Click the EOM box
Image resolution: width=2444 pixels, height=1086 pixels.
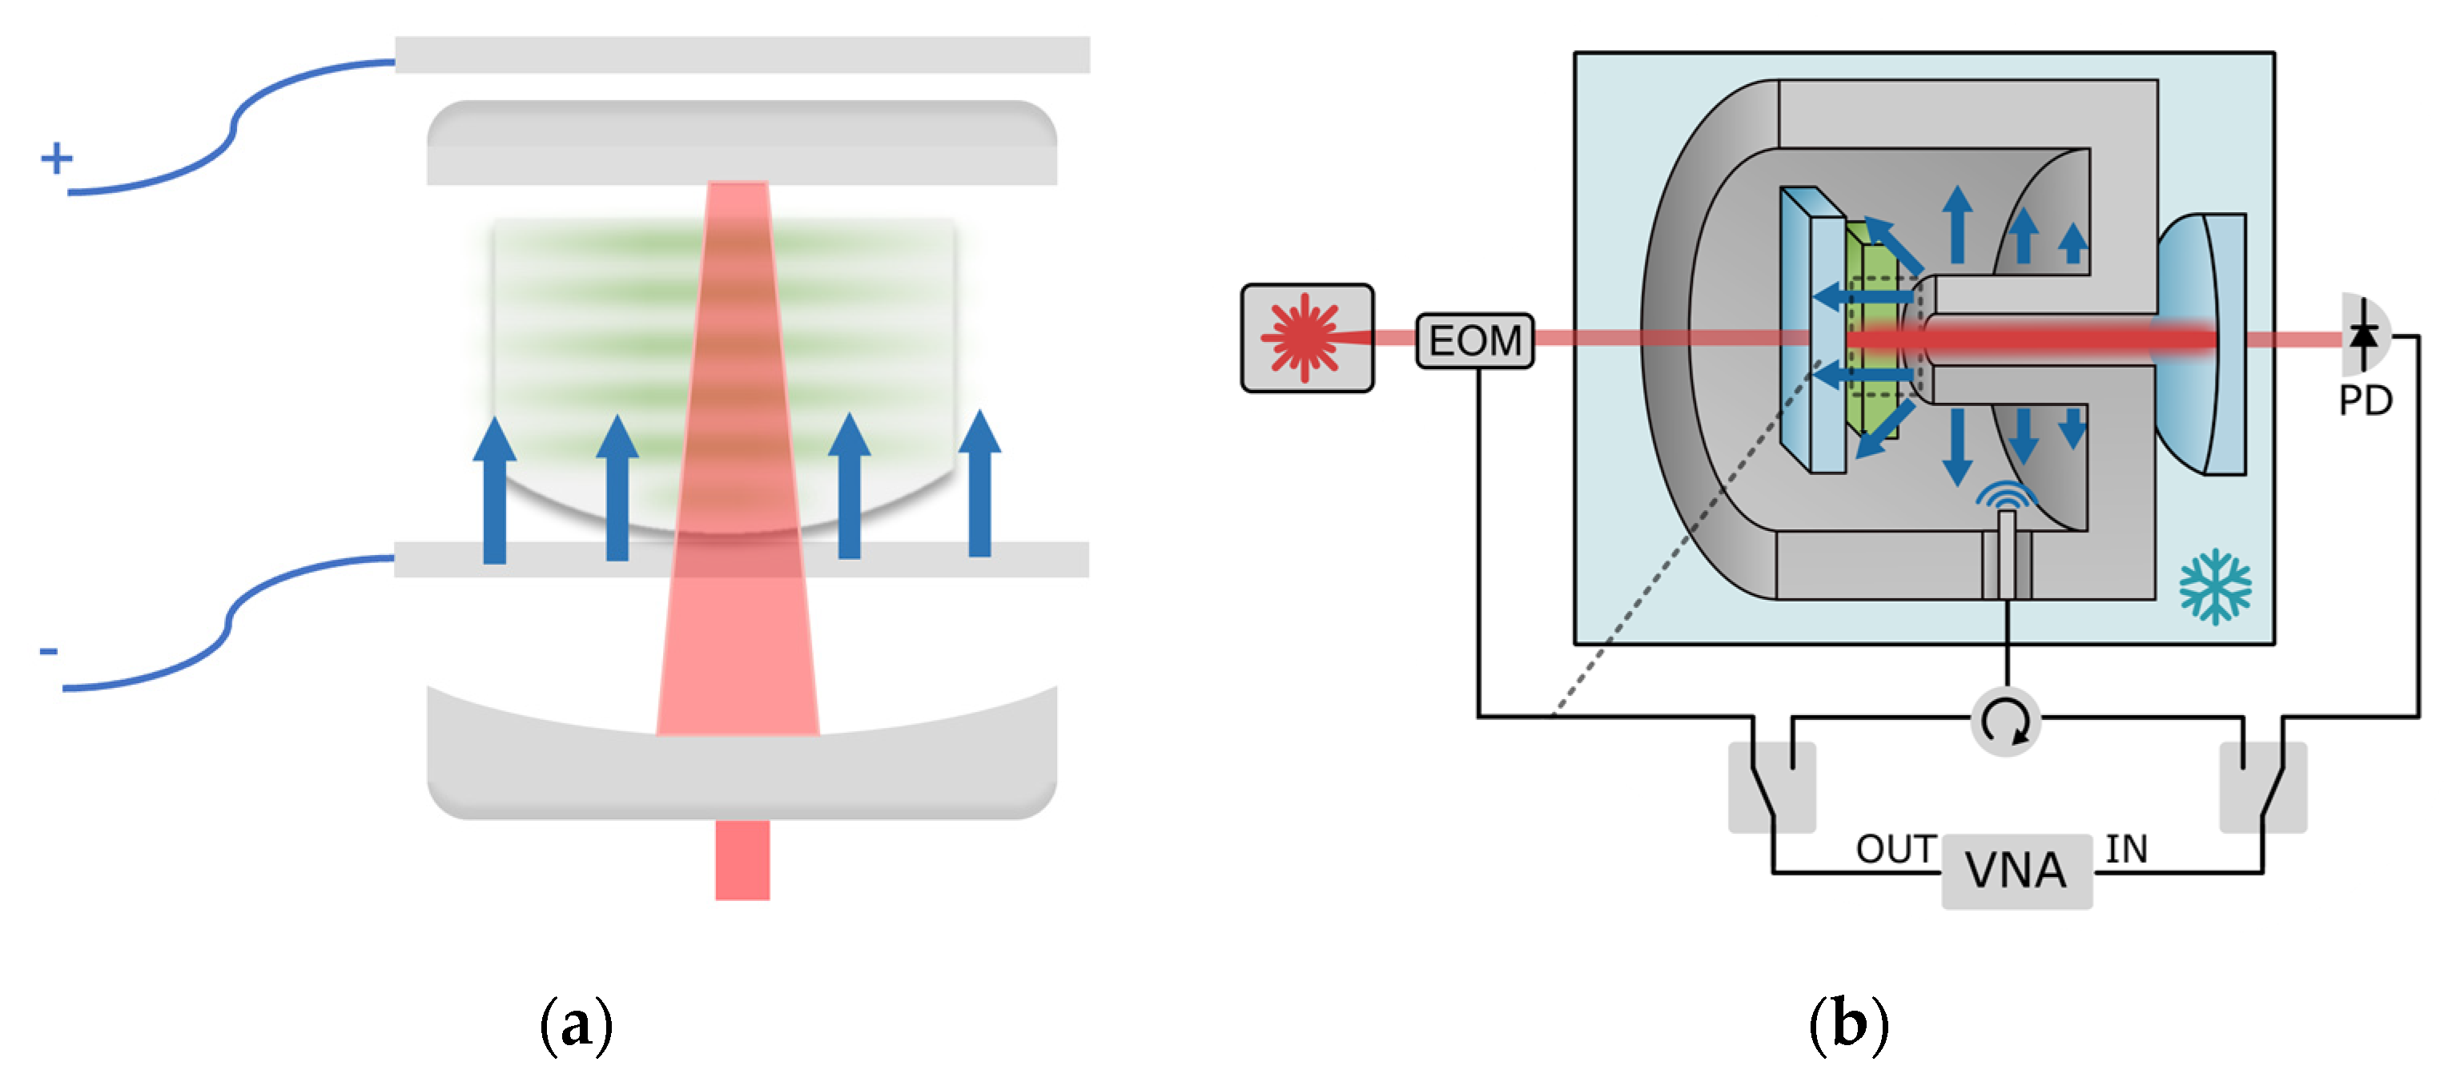(1474, 340)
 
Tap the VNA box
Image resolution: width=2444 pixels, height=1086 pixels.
(2016, 871)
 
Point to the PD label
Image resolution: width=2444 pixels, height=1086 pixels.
(2366, 401)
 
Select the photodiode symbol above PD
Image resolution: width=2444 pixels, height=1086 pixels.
(2364, 335)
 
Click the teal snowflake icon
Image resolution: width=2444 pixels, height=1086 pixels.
(2214, 586)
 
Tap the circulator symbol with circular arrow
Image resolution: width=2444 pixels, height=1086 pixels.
(2006, 721)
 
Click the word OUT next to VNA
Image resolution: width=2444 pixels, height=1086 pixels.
(1895, 850)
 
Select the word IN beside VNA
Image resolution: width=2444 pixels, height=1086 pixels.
(2126, 850)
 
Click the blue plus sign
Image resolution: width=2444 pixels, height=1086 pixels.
(56, 158)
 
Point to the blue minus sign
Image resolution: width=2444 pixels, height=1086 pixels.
(48, 650)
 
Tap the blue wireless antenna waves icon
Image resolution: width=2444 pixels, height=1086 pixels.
(2006, 495)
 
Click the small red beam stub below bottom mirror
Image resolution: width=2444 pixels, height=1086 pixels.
(742, 859)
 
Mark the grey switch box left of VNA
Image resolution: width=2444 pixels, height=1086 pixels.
(1771, 787)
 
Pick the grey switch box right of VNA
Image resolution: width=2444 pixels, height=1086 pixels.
(2264, 787)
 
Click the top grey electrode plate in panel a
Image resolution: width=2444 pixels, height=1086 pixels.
(742, 55)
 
